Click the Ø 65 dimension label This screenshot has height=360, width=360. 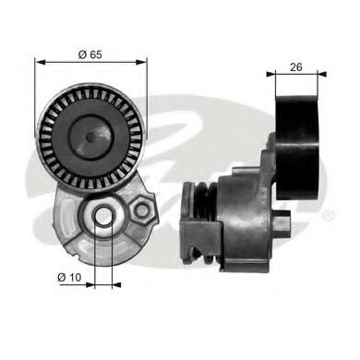tap(89, 54)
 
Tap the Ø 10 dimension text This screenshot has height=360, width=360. tap(71, 276)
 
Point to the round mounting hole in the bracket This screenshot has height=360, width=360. tap(105, 217)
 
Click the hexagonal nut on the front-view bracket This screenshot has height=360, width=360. tap(142, 211)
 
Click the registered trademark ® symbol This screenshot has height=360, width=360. tap(328, 215)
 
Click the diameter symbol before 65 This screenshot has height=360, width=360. tap(81, 54)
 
